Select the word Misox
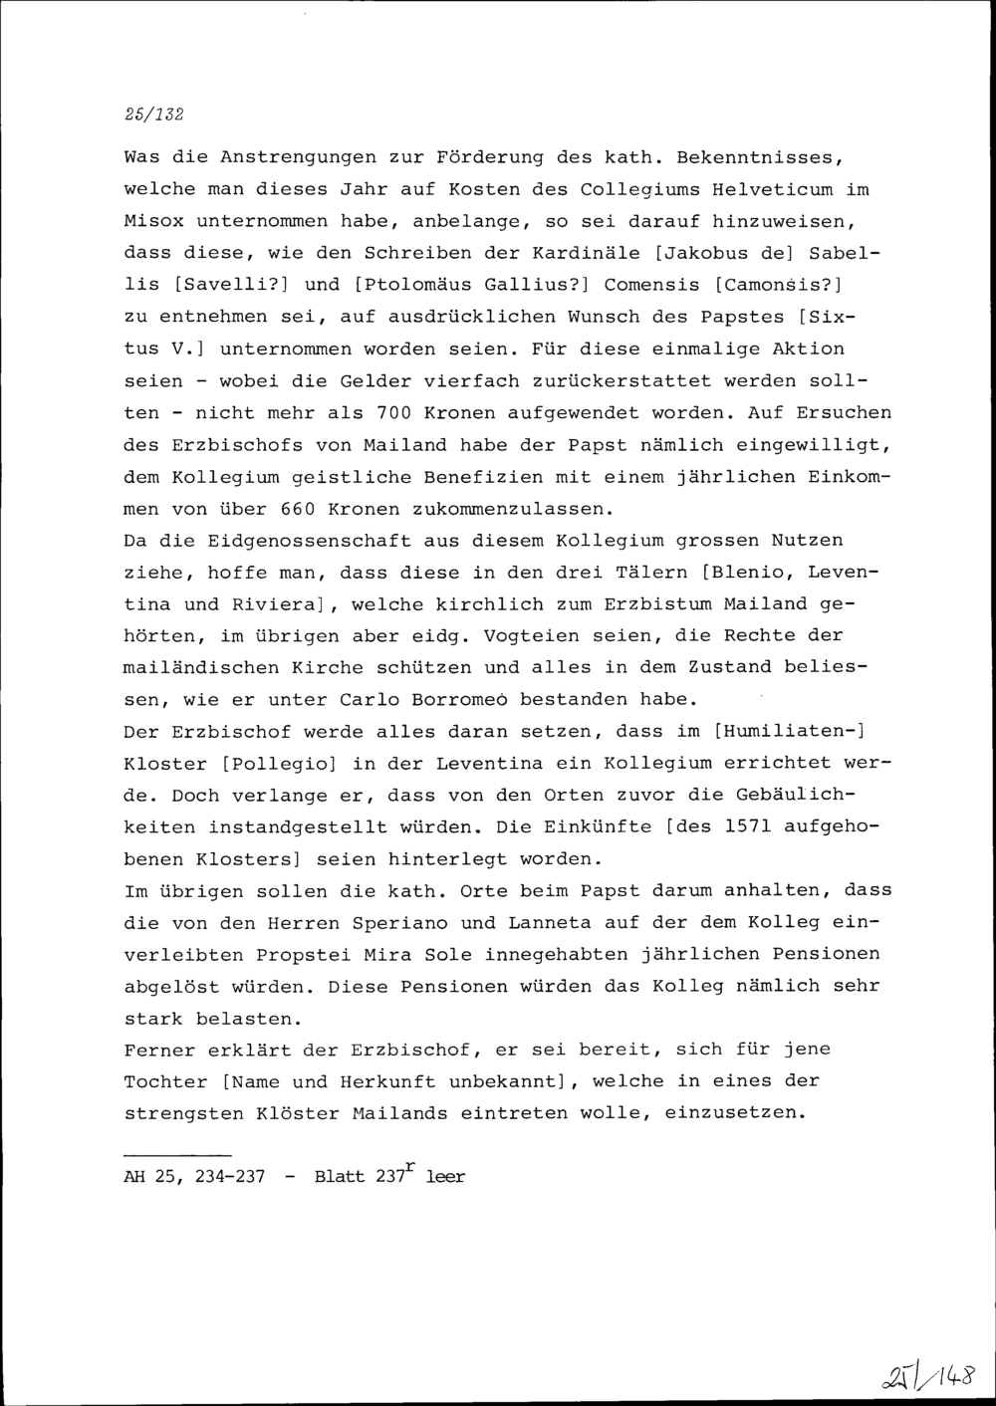[153, 221]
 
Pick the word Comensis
[651, 285]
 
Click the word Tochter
[165, 1081]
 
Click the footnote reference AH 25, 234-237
[194, 1177]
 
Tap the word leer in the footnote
[445, 1177]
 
